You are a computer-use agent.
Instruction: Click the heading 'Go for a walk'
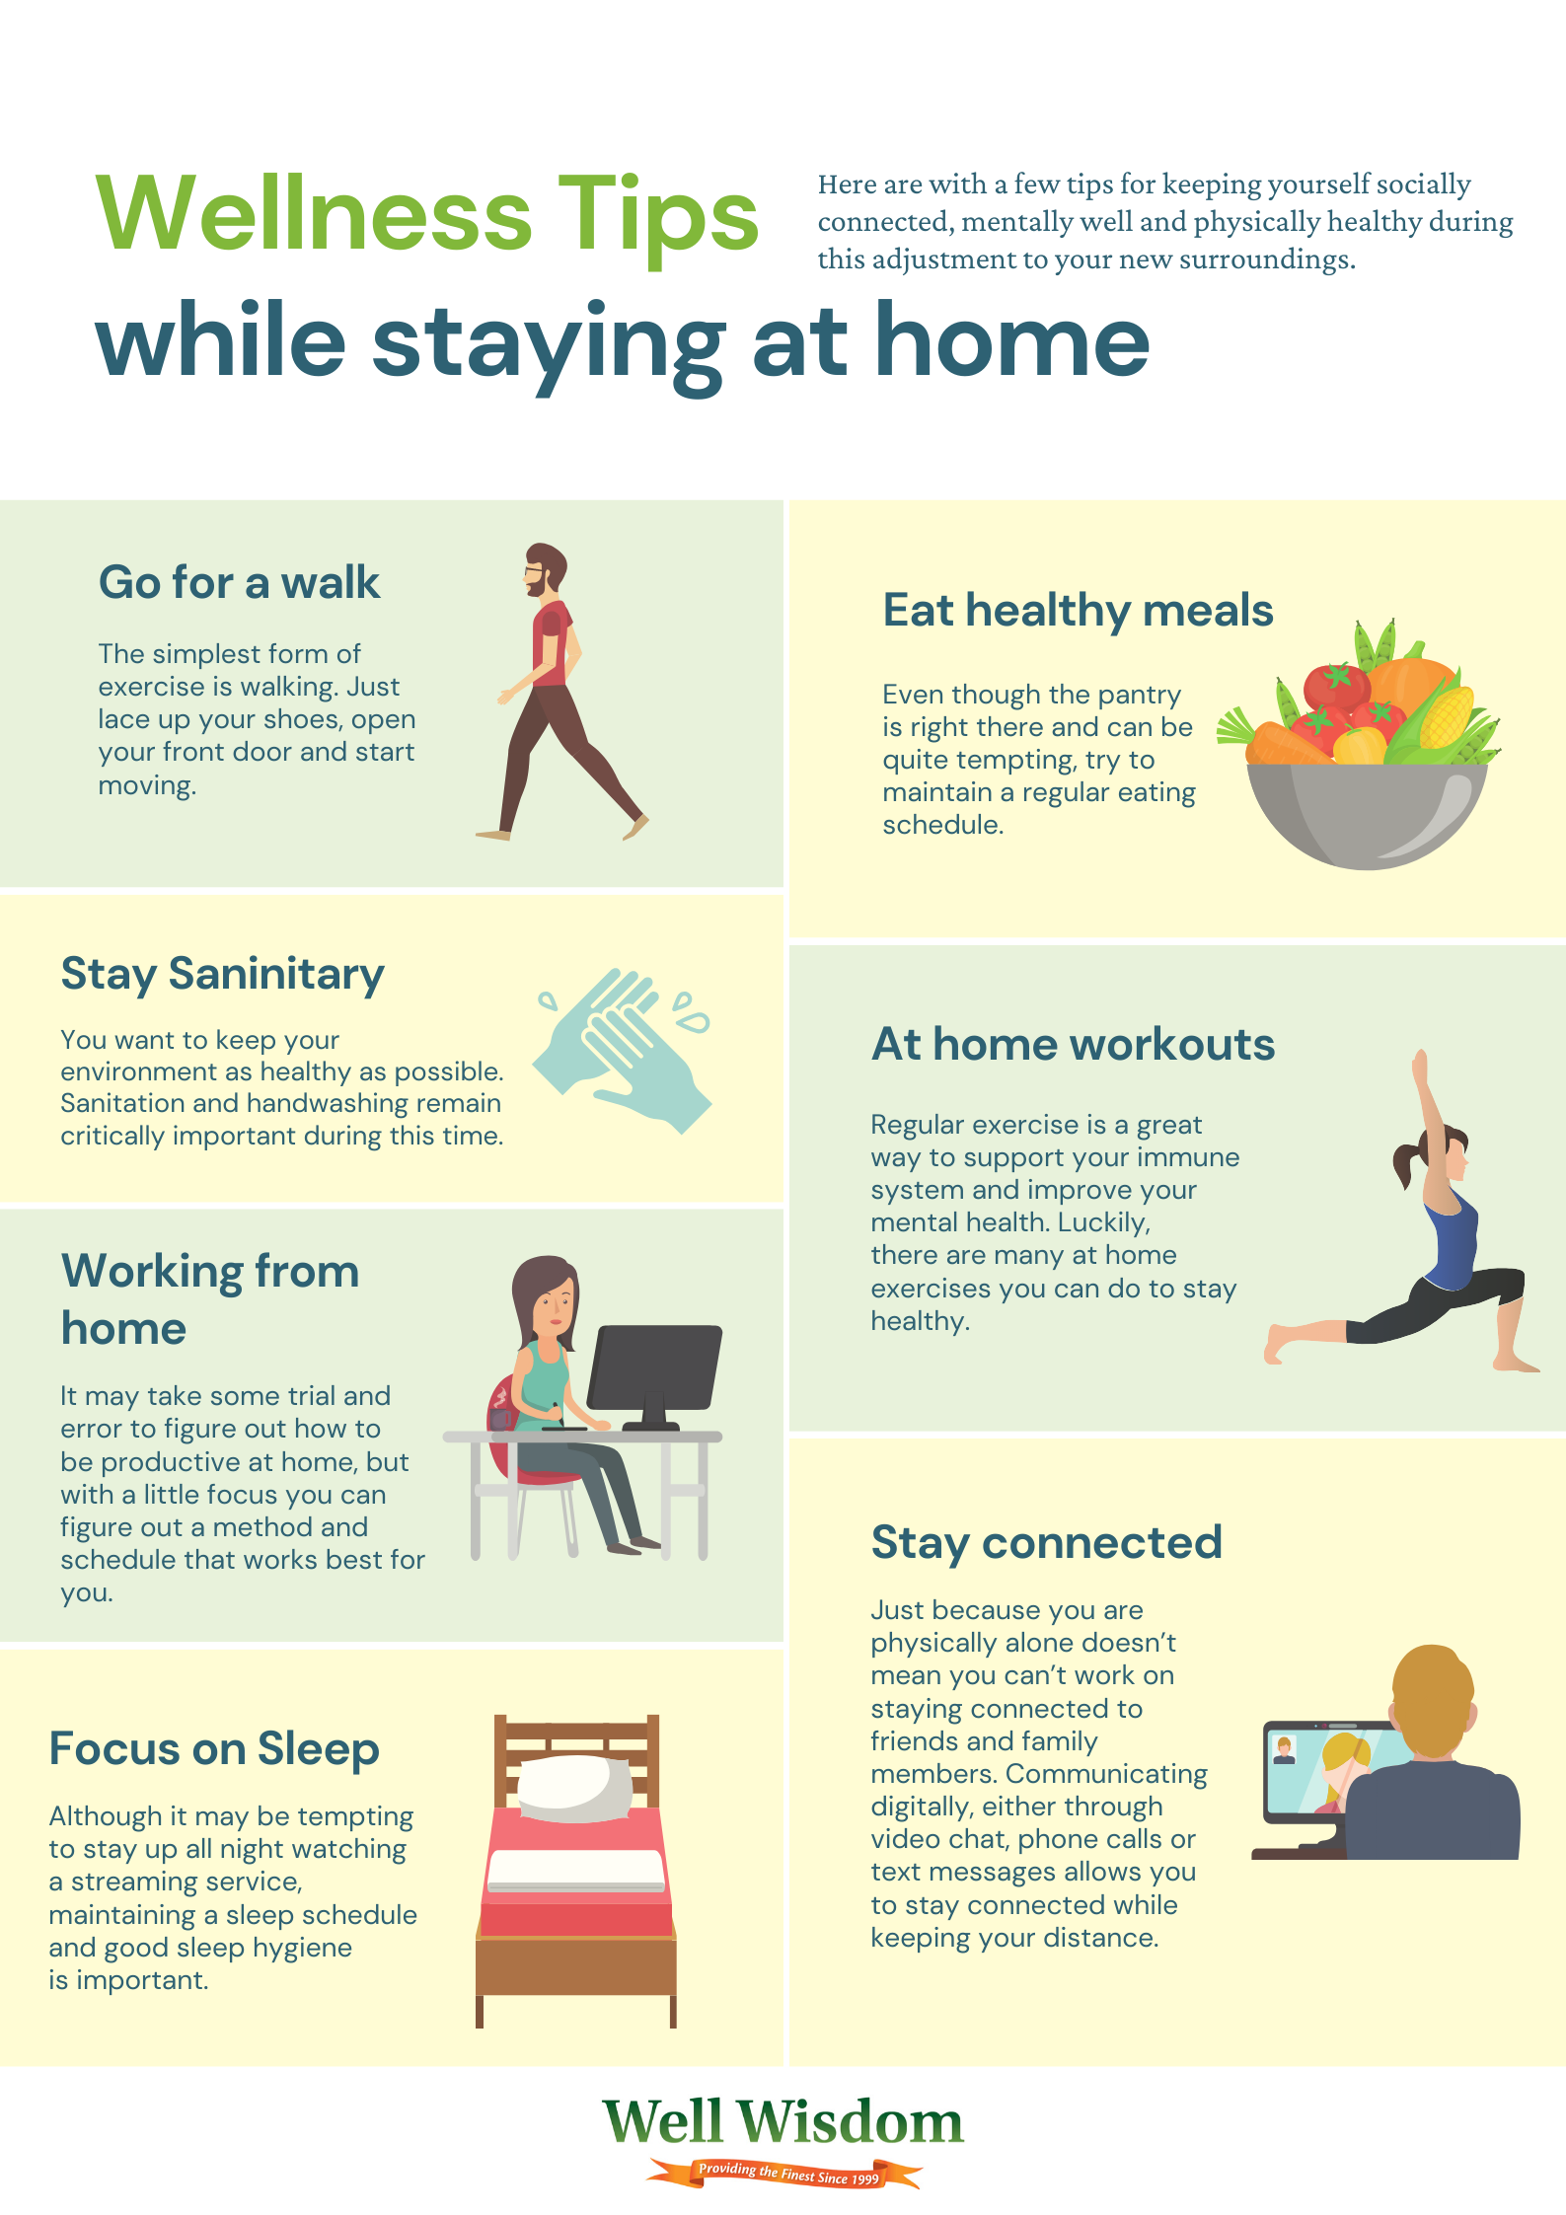coord(239,582)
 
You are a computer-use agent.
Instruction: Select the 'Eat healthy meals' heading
coord(1078,610)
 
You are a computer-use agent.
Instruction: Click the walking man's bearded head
coord(544,568)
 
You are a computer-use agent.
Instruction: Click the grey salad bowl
coord(1367,814)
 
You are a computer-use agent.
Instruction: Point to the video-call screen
coord(1312,1771)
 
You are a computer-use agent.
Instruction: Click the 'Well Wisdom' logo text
coord(783,2121)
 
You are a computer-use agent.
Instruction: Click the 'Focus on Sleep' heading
coord(214,1749)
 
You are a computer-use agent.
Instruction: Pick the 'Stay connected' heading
coord(1046,1543)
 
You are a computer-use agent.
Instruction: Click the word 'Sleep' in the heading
coord(318,1749)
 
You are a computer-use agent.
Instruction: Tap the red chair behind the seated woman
coord(508,1431)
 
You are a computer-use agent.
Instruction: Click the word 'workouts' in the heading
coord(1172,1044)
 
